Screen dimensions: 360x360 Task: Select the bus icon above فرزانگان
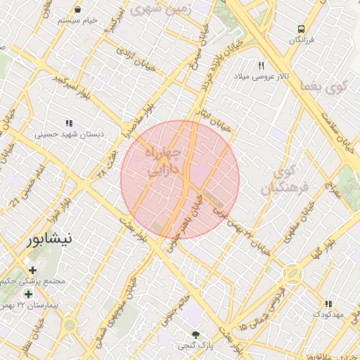(x=301, y=30)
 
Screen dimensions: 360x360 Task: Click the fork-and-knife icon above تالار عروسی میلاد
(x=261, y=65)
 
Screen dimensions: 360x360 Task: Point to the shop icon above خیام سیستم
(x=77, y=10)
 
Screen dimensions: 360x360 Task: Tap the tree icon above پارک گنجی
(x=195, y=335)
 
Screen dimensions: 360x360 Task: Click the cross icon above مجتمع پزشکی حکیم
(x=33, y=270)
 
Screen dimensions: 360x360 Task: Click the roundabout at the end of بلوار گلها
(x=292, y=273)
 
